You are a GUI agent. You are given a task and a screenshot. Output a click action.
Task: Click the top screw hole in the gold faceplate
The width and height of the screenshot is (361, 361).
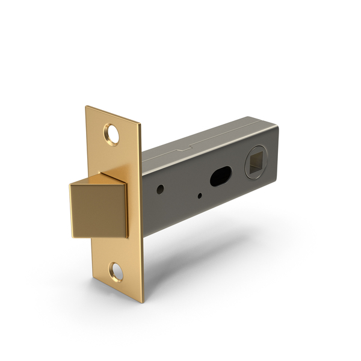click(x=113, y=134)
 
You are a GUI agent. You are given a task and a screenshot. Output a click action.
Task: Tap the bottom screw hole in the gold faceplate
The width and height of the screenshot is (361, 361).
click(x=116, y=272)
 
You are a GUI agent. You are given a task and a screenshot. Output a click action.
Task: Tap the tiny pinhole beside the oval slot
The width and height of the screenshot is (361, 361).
click(x=199, y=194)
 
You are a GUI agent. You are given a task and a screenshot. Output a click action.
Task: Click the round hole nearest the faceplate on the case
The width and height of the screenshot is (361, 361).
click(x=160, y=189)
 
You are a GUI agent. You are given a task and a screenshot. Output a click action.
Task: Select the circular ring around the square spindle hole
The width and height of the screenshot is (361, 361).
click(x=246, y=163)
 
